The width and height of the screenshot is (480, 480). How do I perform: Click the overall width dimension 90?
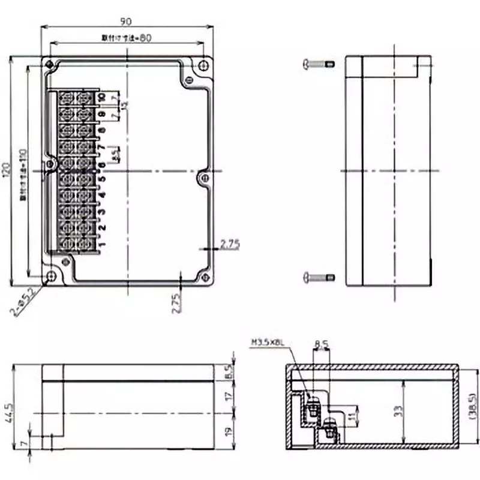[x=125, y=22]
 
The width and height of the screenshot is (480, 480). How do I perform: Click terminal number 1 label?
[x=103, y=243]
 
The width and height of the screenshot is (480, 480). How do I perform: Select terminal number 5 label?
[x=103, y=179]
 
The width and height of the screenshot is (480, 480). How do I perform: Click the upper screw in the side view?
[x=319, y=63]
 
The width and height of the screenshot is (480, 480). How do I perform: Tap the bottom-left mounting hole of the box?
[x=50, y=276]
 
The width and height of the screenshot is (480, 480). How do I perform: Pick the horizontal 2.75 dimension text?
[x=230, y=244]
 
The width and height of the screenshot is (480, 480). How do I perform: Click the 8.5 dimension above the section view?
[x=321, y=344]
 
